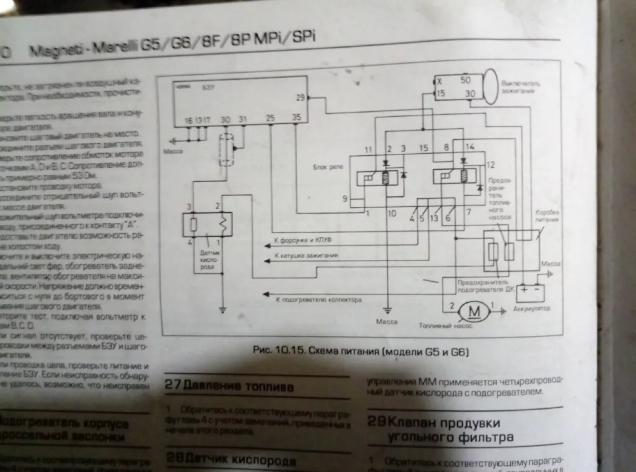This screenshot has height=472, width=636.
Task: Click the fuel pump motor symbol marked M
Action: click(x=475, y=312)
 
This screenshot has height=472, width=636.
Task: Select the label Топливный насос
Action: click(x=445, y=326)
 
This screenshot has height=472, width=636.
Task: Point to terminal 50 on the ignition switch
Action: click(x=465, y=80)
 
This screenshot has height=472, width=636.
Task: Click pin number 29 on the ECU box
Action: click(x=301, y=98)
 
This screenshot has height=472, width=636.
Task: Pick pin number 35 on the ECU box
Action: click(x=297, y=118)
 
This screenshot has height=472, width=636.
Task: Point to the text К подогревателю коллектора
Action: click(x=318, y=300)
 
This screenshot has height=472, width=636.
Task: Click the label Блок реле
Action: click(x=331, y=167)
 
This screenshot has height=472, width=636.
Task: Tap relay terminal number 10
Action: click(x=392, y=213)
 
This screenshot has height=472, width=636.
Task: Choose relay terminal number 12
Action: click(x=490, y=165)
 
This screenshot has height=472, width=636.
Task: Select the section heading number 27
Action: click(x=173, y=385)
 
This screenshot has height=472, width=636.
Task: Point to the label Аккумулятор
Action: click(x=532, y=308)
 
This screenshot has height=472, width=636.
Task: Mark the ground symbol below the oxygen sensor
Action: click(x=223, y=310)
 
